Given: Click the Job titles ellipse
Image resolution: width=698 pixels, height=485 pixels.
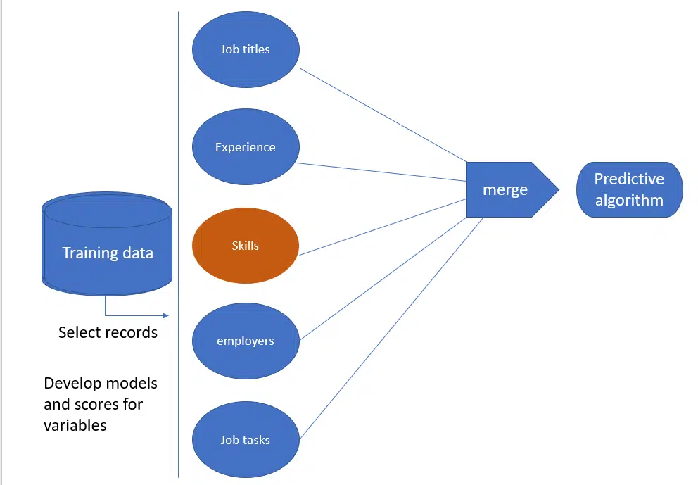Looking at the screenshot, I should pos(246,49).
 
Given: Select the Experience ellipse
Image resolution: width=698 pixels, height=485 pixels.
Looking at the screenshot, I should pos(246,147).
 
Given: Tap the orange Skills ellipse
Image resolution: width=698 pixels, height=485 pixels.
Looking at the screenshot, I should pos(246,246).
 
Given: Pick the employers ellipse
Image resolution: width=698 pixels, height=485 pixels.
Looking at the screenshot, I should pos(246,341).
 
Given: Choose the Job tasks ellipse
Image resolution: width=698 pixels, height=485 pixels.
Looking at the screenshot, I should pos(246,440).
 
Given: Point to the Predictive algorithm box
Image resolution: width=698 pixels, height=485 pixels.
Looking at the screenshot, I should pos(629,189).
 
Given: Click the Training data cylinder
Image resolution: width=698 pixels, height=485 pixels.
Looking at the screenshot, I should pos(107,243).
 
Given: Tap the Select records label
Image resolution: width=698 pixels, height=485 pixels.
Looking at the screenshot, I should pos(108,332).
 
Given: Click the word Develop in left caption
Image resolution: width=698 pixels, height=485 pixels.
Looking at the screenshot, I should pos(70,384).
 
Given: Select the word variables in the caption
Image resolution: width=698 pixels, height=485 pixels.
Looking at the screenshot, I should pos(75,426).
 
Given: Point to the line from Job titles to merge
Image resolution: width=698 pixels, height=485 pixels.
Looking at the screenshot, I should pos(383,115).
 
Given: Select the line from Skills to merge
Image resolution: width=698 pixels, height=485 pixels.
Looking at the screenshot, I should pos(383,226).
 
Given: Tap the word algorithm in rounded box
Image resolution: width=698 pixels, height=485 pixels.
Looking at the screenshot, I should pos(629,200).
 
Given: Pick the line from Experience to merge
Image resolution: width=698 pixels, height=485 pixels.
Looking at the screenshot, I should pos(383,172).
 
